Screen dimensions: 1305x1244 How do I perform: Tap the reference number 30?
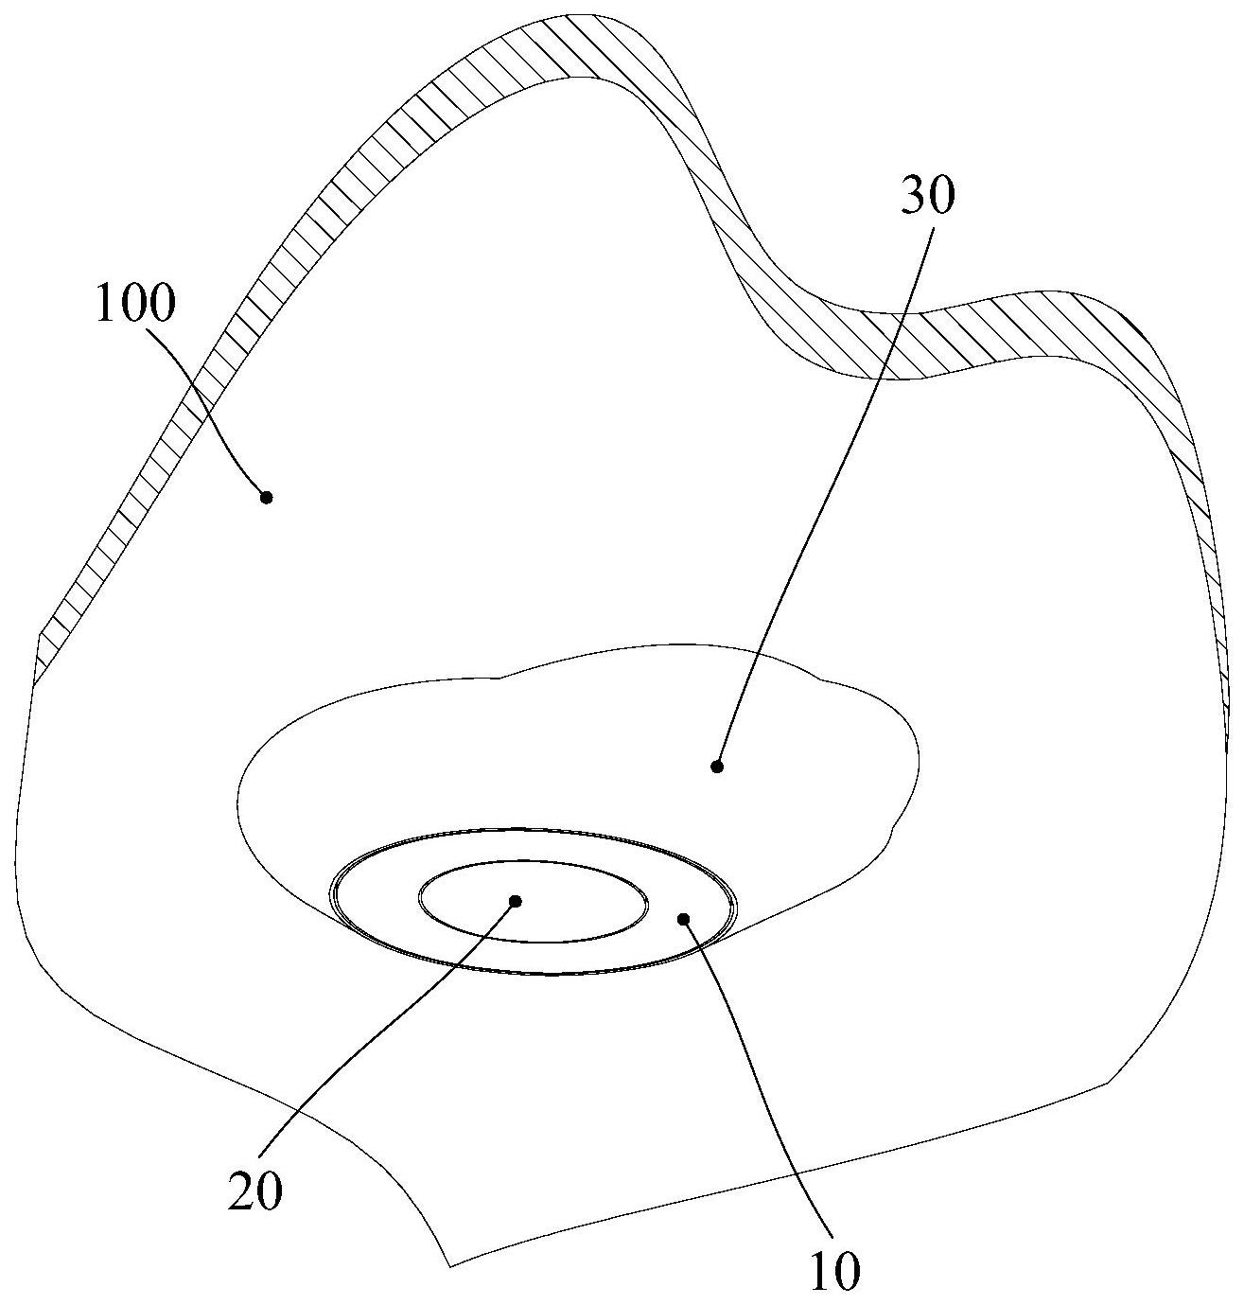(927, 196)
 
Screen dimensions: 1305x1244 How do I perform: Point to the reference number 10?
(834, 1271)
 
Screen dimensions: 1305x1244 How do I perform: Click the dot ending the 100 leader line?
(267, 497)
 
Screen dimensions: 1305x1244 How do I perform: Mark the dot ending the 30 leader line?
(717, 767)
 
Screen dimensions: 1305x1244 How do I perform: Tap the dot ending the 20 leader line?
(516, 901)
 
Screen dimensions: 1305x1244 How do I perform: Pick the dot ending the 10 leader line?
(684, 917)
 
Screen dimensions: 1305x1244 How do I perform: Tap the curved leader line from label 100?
(208, 397)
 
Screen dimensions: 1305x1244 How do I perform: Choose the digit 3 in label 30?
(914, 196)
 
